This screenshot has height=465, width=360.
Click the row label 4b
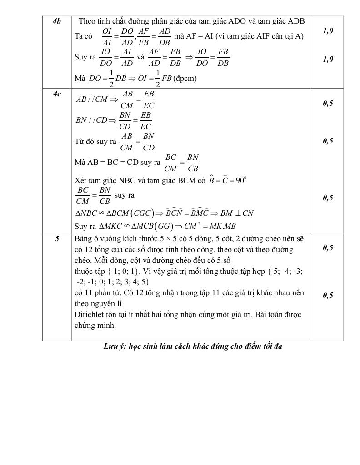pyautogui.click(x=57, y=21)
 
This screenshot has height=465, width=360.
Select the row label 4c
pyautogui.click(x=57, y=94)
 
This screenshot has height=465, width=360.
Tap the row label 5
pyautogui.click(x=57, y=238)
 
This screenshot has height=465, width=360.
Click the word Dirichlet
pyautogui.click(x=90, y=314)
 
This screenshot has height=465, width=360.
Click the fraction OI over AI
pyautogui.click(x=107, y=36)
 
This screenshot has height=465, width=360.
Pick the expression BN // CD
pyautogui.click(x=90, y=120)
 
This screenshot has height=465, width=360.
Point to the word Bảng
pyautogui.click(x=84, y=238)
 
